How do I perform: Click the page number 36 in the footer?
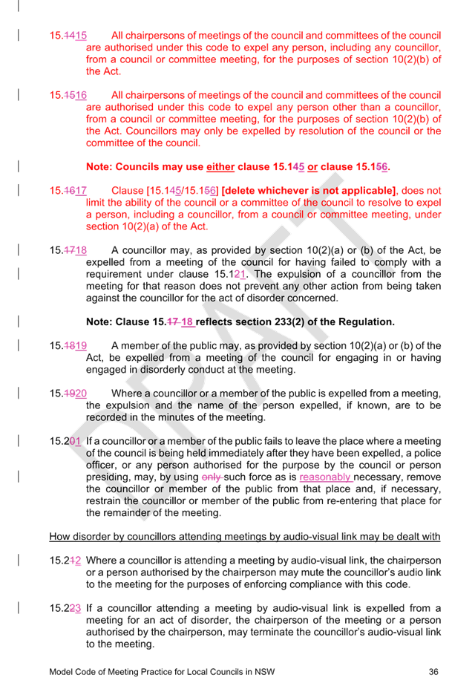tap(433, 671)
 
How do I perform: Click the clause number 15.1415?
tap(68, 36)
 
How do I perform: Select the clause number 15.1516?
tap(68, 95)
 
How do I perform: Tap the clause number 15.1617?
tap(68, 191)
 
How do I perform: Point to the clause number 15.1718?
tap(68, 250)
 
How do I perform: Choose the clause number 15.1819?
tap(68, 346)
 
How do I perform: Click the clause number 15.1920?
tap(68, 394)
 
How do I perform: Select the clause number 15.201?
tap(65, 441)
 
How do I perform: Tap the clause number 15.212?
tap(65, 561)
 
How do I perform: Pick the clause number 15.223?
tap(65, 608)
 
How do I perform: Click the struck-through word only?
tap(212, 477)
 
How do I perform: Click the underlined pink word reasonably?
tap(325, 477)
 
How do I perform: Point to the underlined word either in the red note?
tap(220, 167)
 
